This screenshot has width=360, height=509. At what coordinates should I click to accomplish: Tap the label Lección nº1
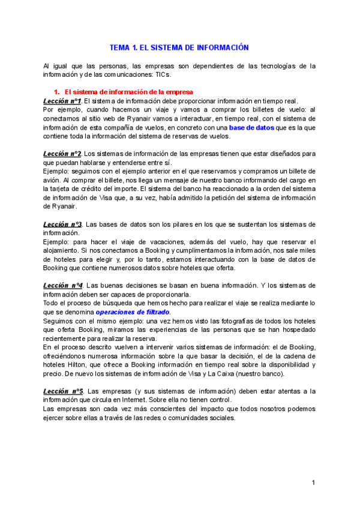[62, 101]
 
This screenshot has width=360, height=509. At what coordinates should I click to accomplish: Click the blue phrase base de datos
[251, 127]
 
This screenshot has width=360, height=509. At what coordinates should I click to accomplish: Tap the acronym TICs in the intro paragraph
[159, 75]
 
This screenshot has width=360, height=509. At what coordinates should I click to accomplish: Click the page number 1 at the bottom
[313, 483]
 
